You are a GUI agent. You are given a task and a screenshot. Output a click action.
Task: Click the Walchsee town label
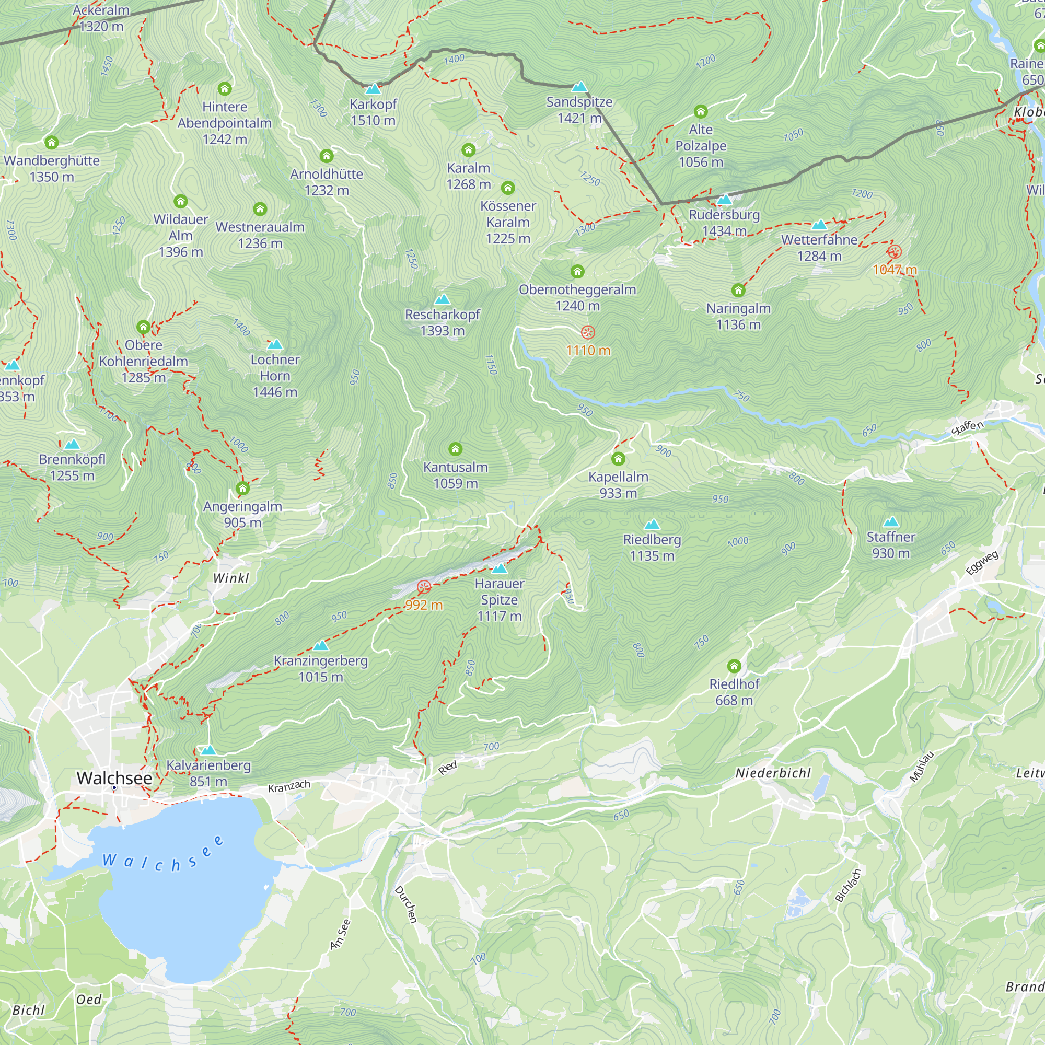(114, 778)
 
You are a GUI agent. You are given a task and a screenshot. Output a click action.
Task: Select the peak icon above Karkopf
(373, 89)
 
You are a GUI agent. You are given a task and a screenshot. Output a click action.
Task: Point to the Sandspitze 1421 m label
(579, 110)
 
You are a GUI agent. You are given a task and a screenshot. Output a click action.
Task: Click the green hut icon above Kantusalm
(456, 448)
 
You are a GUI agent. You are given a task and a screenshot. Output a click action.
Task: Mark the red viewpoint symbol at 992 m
(424, 587)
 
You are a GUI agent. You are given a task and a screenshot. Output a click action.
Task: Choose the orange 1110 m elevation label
(588, 351)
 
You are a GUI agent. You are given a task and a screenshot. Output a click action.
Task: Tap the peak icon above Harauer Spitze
(499, 568)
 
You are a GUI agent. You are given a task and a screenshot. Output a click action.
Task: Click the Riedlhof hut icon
(734, 665)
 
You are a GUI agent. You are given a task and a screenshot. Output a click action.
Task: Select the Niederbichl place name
(773, 773)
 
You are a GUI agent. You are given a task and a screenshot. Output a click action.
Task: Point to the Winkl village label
(231, 578)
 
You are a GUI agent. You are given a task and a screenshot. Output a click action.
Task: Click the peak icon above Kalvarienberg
(208, 750)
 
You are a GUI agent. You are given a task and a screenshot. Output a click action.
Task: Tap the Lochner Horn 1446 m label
(275, 375)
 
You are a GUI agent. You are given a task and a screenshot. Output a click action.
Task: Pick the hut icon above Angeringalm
(242, 489)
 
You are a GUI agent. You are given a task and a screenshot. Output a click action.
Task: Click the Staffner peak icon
(890, 522)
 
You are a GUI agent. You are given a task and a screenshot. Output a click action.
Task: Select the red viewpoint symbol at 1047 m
(894, 251)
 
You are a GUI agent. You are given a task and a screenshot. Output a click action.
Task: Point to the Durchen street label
(405, 904)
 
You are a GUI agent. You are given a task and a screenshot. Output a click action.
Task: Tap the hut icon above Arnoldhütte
(326, 156)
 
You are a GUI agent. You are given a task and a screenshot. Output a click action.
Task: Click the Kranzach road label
(289, 786)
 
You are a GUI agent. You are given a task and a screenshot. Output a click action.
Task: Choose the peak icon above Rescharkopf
(443, 299)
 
